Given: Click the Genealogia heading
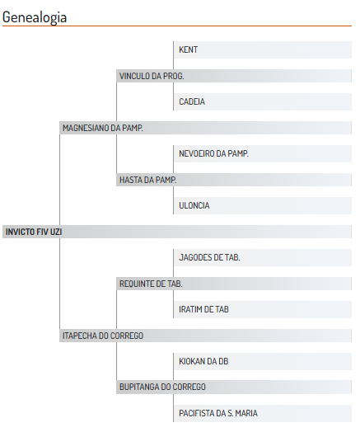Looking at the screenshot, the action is point(35,17).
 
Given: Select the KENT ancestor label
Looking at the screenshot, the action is point(189,49).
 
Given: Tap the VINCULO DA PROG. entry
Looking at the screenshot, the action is point(152,76).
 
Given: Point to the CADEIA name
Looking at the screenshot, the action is point(192,101).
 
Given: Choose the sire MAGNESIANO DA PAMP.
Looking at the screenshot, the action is point(103,128).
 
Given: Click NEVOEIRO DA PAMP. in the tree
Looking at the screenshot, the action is point(214,153).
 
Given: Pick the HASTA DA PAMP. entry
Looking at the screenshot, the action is point(147,180).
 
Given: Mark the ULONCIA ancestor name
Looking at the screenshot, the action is point(194,205).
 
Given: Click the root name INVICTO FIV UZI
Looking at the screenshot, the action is point(34,232).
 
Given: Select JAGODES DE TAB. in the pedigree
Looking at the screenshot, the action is point(209,257).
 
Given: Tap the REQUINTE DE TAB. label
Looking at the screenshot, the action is point(151,284).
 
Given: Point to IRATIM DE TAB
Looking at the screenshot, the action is point(203,309).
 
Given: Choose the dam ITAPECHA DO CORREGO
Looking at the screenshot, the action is point(103,336).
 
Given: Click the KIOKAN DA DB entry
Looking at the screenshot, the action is point(203,361).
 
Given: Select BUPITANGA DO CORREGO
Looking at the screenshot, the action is point(162,387).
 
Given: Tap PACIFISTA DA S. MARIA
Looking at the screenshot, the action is point(218,413).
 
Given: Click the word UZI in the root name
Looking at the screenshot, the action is point(56,232).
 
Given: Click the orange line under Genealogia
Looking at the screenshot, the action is point(177,26).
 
